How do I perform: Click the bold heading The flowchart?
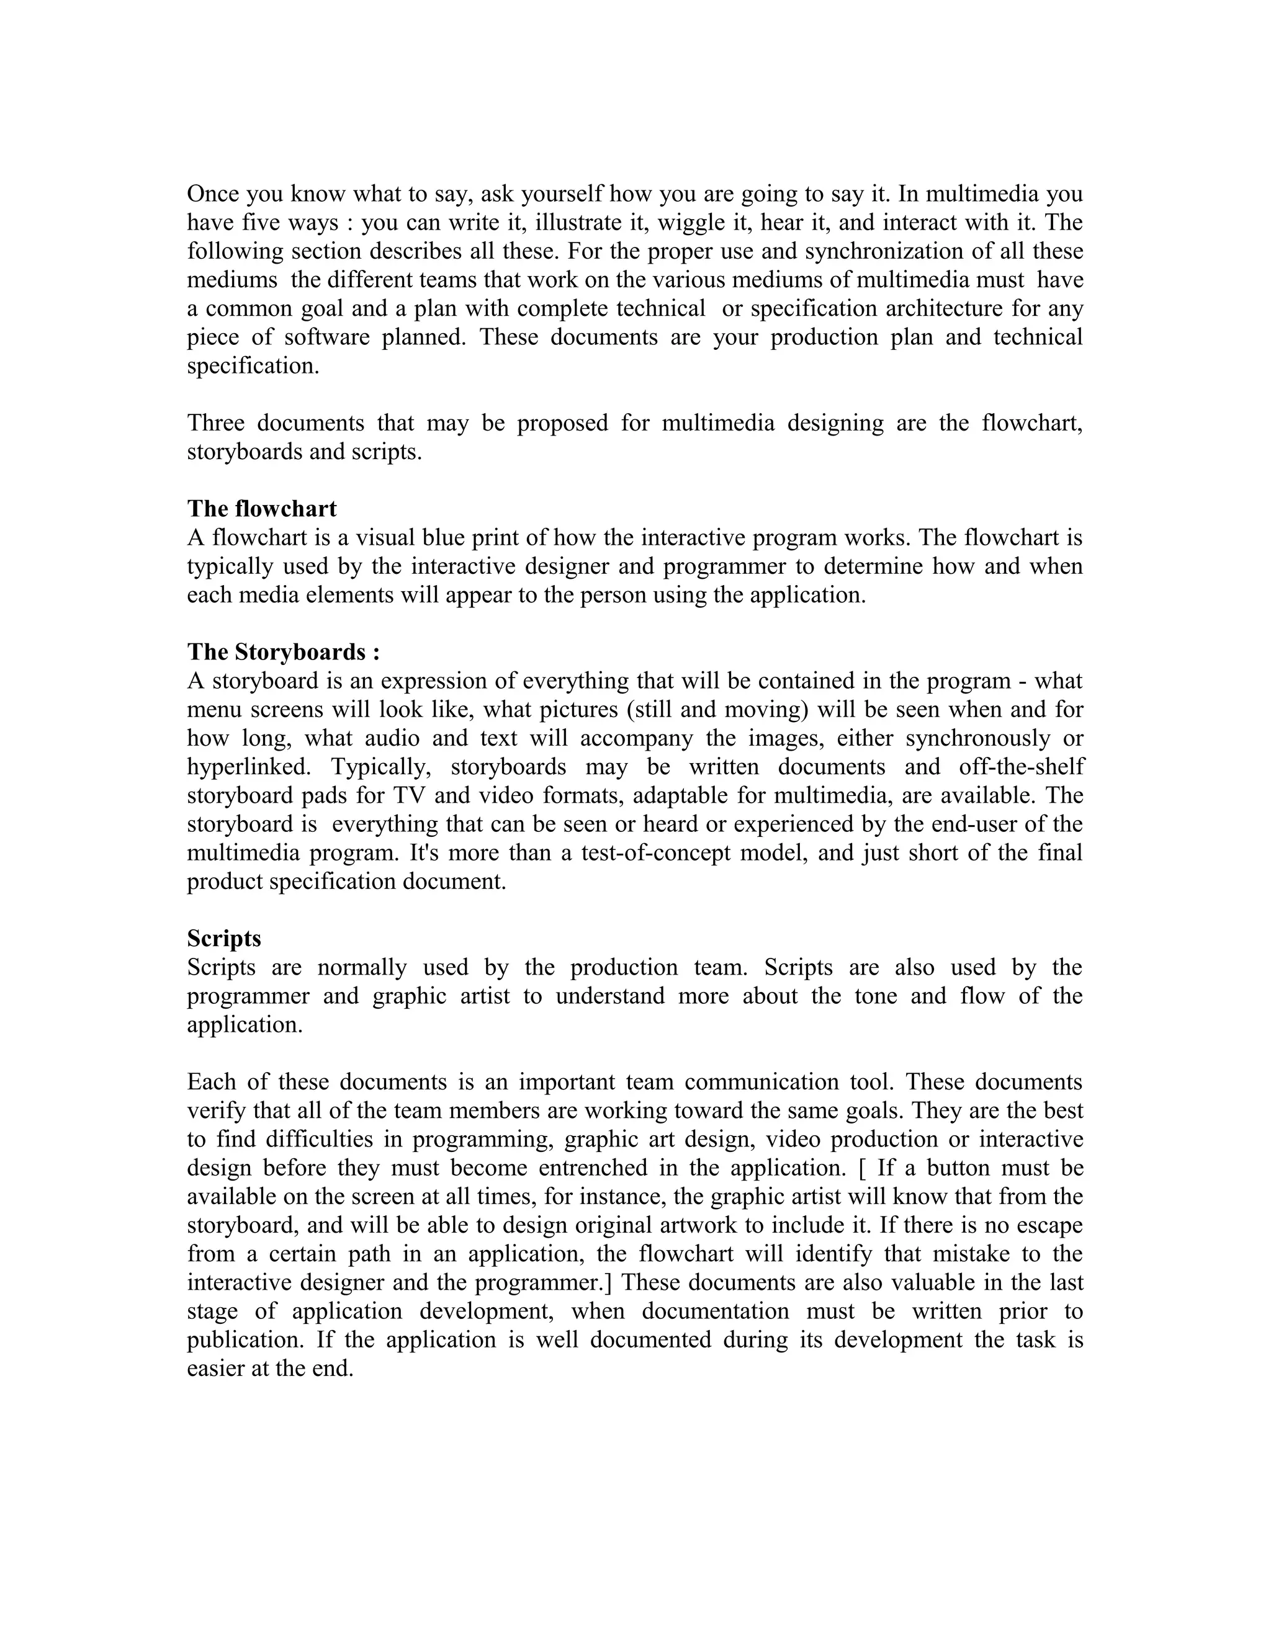pos(261,509)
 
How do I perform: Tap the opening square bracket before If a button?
pos(861,1168)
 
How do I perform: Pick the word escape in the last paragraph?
pos(1049,1225)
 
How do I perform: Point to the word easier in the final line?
pos(216,1369)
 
